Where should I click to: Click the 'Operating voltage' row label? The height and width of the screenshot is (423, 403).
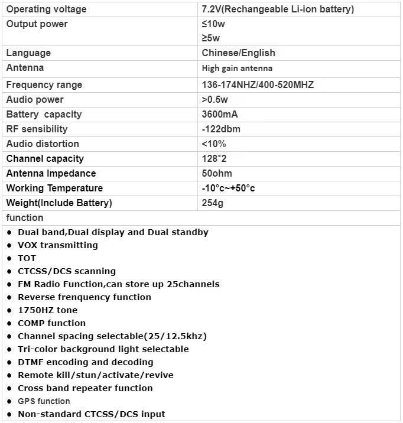point(46,9)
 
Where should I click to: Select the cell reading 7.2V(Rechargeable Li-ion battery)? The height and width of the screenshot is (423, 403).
point(278,9)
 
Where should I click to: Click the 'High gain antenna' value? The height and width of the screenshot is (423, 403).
point(237,69)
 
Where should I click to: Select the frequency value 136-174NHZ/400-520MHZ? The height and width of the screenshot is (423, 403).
point(258,85)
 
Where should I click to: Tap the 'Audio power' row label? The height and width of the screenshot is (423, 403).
point(35,100)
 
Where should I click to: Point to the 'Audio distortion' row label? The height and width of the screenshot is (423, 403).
point(42,144)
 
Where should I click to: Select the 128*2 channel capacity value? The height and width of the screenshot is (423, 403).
point(213,159)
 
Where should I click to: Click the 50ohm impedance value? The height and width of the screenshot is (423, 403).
point(217,174)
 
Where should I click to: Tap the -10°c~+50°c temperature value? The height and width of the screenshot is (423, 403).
point(228,188)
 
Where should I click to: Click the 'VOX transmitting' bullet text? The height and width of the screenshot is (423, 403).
point(58,245)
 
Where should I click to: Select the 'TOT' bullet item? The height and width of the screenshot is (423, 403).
point(27,258)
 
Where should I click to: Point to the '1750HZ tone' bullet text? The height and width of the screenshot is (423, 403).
point(47,310)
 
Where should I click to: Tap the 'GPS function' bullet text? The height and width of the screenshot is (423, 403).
point(44,401)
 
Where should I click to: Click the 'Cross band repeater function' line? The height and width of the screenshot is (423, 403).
point(85,388)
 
